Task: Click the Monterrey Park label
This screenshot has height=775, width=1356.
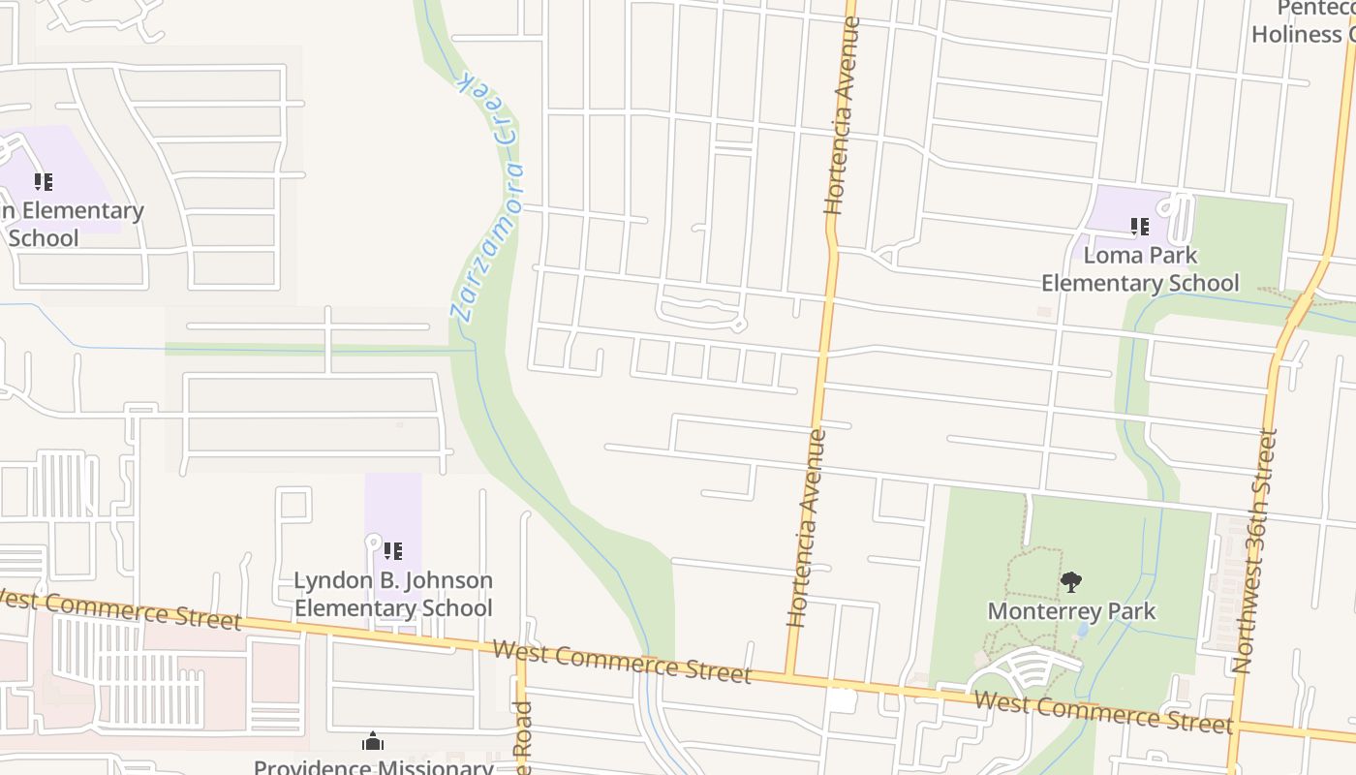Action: point(1071,611)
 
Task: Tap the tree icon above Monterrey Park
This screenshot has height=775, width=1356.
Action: point(1070,582)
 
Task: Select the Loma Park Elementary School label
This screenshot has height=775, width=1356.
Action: point(1140,269)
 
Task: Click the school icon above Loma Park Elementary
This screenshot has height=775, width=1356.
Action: point(1140,227)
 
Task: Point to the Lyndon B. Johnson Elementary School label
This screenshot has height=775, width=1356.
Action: point(393,594)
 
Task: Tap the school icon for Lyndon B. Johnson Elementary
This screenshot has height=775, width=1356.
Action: point(393,551)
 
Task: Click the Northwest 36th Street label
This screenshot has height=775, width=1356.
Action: point(1255,550)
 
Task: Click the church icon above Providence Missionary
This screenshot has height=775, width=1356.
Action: point(373,743)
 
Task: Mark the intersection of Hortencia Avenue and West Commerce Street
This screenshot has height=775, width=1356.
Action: point(789,675)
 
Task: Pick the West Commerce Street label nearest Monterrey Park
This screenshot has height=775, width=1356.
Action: point(1103,712)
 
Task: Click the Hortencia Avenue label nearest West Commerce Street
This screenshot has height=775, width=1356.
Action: point(807,528)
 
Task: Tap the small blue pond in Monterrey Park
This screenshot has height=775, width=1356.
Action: point(1082,630)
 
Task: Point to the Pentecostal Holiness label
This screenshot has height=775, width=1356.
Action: point(1304,21)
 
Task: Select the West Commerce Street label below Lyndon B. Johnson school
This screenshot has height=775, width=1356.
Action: point(621,662)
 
